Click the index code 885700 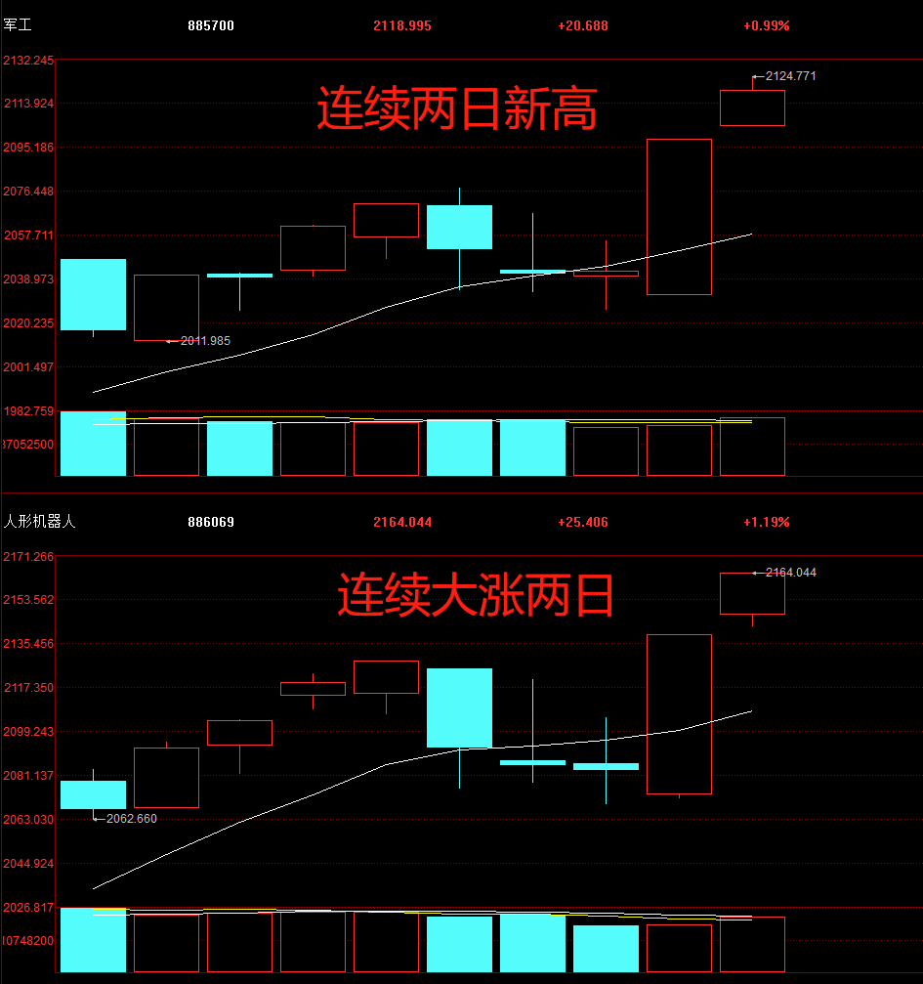pos(211,25)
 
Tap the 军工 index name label pos(18,25)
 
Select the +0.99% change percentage pos(766,25)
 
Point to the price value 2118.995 pos(402,25)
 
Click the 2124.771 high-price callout pos(790,75)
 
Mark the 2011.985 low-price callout pos(205,340)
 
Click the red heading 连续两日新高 pos(456,109)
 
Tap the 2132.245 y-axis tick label pos(28,61)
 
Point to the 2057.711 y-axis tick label pos(28,235)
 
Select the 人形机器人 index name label pos(39,522)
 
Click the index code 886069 pos(211,522)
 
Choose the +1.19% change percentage pos(766,522)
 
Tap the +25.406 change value pos(583,522)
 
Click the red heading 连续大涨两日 pos(476,595)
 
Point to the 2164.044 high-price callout pos(790,573)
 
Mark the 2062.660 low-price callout pos(131,819)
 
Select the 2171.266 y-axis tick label pos(28,557)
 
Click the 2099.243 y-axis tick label pos(28,732)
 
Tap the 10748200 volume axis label pos(28,940)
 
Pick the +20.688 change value pos(583,25)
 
